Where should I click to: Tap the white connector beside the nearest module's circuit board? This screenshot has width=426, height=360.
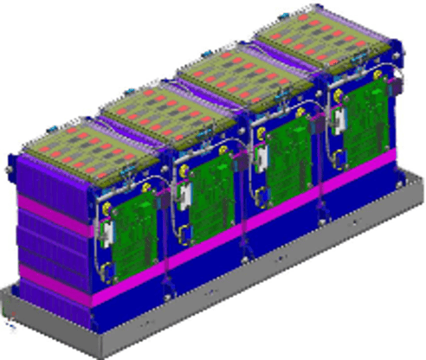[x=108, y=233]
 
